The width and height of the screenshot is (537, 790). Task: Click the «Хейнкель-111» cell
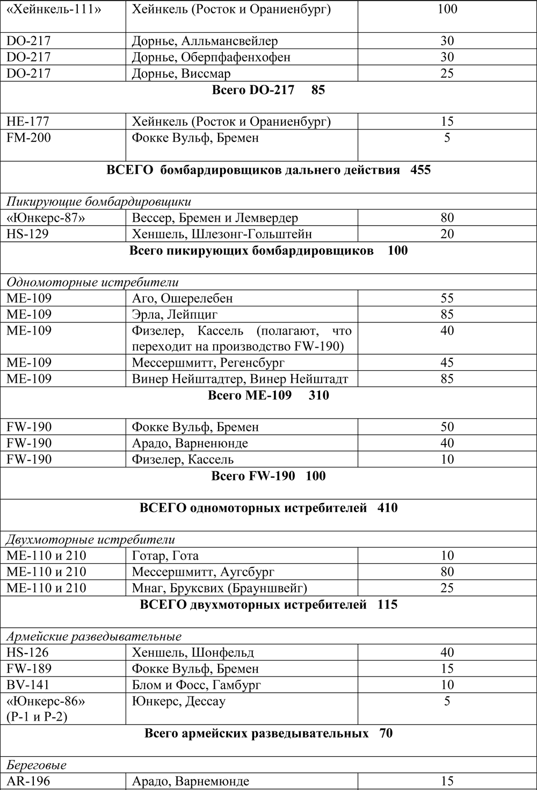pos(53,9)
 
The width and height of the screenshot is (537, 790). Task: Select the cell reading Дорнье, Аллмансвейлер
pos(205,41)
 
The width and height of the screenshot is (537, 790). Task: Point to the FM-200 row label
pos(29,138)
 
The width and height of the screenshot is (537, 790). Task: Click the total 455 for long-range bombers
pos(420,170)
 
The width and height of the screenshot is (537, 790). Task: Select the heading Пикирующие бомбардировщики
pos(99,202)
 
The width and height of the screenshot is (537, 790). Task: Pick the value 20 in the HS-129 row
pos(447,234)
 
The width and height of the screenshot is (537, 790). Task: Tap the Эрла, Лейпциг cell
pos(175,314)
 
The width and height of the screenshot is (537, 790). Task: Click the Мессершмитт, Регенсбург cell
pos(208,363)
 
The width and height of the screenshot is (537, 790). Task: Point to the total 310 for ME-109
pos(319,395)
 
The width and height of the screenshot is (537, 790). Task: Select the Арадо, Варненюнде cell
pos(190,443)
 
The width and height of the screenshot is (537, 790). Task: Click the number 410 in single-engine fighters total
pos(387,507)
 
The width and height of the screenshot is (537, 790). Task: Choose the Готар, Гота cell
pos(165,556)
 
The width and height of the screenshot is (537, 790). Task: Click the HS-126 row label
pos(27,652)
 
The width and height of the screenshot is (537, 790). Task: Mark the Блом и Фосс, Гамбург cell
pos(196,685)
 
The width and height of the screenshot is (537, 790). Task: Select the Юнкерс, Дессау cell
pos(178,701)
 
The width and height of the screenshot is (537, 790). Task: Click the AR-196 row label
pos(28,781)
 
